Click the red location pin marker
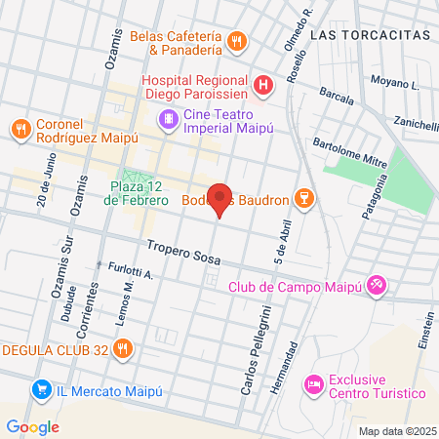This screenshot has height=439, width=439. pos(220,199)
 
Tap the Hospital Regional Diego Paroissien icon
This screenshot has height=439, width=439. pos(263,85)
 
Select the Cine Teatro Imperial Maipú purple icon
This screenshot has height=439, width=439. pos(169,119)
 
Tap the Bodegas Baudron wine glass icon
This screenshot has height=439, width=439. pos(305,200)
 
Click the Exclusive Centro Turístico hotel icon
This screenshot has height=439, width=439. pos(313,384)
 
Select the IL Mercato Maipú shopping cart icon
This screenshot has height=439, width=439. pos(40,390)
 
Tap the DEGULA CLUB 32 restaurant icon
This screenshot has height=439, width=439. pos(123,349)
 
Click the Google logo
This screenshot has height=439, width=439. pos(32,426)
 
